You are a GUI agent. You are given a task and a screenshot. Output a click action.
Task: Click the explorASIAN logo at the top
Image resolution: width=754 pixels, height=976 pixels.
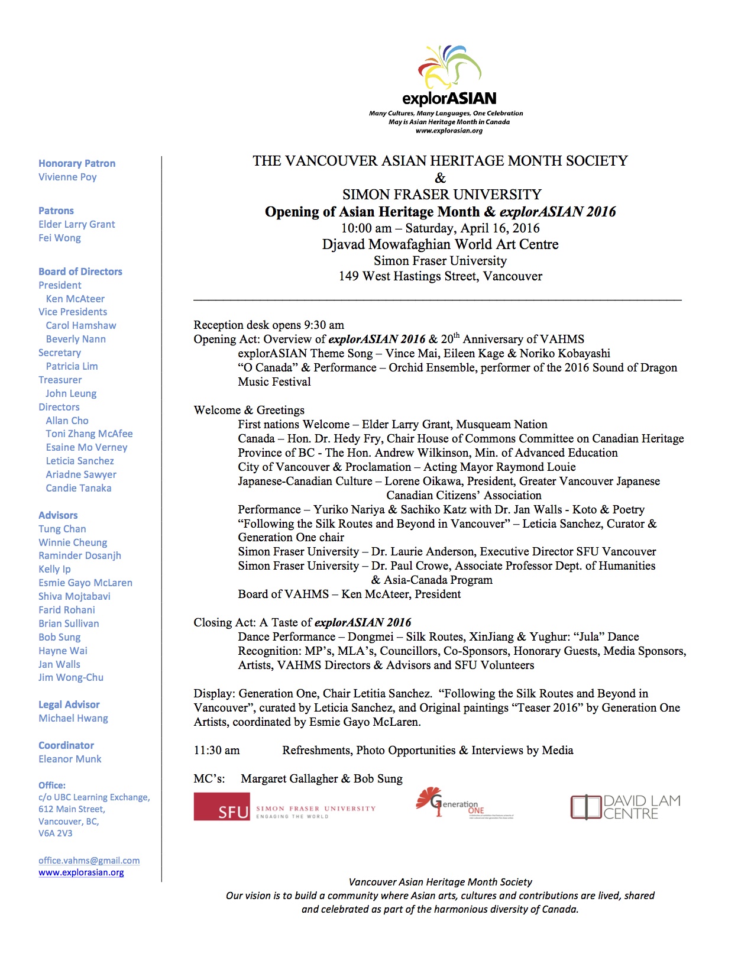point(449,77)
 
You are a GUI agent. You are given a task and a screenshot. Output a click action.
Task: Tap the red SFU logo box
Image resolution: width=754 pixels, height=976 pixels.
point(222,806)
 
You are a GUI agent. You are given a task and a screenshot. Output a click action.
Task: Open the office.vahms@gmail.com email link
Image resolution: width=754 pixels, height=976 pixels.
point(89,861)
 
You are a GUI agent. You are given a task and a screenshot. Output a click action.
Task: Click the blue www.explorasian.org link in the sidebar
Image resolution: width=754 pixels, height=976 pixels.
point(81,872)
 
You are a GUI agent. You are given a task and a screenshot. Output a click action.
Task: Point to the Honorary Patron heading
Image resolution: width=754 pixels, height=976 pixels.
point(77,163)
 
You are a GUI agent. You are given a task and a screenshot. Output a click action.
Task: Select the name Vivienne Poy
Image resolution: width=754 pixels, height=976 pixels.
point(67,177)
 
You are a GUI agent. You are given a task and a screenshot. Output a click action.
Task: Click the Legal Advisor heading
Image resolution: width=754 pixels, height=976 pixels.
point(69,704)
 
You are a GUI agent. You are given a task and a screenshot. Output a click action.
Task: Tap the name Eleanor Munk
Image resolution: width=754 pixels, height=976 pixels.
point(70,759)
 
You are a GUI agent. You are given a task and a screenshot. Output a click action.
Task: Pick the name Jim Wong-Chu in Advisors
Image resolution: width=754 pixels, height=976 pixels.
point(71,677)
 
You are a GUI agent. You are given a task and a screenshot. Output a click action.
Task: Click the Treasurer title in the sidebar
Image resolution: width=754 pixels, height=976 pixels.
point(60,380)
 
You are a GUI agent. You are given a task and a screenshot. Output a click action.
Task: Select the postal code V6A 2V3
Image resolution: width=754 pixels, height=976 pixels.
point(56,833)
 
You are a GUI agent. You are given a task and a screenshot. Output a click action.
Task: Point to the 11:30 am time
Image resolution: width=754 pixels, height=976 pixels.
point(216,750)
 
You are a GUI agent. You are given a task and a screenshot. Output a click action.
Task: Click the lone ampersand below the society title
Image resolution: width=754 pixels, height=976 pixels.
point(440,178)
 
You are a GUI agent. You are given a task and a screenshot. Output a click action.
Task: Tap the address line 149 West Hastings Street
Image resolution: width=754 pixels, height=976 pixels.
point(440,276)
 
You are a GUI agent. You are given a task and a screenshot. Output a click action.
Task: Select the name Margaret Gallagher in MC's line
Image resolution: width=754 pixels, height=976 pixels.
point(289,778)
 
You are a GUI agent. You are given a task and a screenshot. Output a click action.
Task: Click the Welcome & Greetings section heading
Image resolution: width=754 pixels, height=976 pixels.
point(249,410)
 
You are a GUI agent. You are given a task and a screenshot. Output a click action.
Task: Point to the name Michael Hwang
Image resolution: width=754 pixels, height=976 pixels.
point(73,718)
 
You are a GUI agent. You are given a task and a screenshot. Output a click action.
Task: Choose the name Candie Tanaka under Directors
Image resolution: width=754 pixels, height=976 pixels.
point(79,488)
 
